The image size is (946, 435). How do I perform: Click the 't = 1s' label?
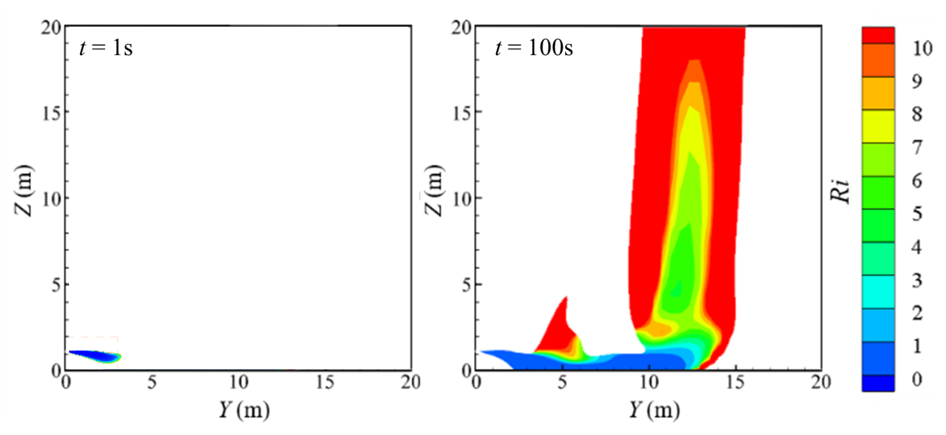pos(106,48)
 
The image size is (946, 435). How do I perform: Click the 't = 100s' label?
pos(534,48)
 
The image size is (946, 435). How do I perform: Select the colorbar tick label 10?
pos(922,48)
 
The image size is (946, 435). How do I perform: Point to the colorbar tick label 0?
pos(917,379)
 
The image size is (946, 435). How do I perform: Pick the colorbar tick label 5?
pos(917,214)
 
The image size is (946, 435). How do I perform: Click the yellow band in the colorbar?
pos(878,126)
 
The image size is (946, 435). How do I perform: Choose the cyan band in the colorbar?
pos(878,292)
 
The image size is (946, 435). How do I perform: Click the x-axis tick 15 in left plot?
pos(325,382)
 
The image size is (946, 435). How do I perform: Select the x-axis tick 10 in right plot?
pos(649,382)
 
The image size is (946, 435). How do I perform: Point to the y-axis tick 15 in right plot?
pos(462,112)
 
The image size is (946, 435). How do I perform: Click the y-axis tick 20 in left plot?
pos(51,28)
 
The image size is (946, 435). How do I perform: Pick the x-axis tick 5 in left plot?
pos(152,382)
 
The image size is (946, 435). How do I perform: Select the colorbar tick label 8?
pos(917,114)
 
